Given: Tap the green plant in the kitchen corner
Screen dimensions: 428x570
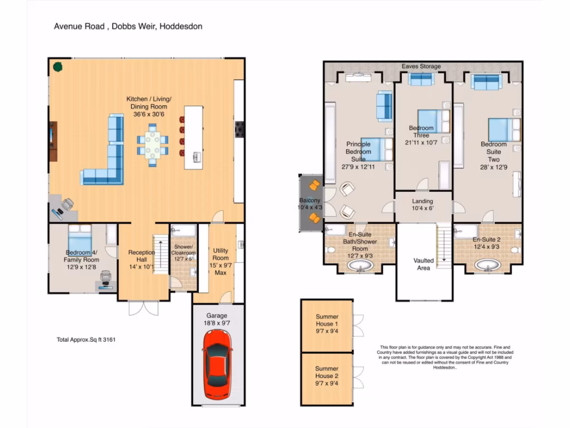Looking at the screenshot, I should point(57,67).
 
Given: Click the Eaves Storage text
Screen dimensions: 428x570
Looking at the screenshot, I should point(421,66).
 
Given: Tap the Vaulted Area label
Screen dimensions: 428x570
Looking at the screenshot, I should point(424,264).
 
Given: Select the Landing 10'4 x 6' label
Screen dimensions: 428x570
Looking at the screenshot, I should point(422,205).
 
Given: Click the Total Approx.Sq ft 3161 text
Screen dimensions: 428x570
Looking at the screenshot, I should point(86,339).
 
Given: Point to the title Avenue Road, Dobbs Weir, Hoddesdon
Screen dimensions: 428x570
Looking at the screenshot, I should point(127,26).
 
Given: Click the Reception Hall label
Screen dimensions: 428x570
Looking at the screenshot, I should point(141,260).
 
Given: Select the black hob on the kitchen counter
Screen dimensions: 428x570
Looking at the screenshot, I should point(239,129).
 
